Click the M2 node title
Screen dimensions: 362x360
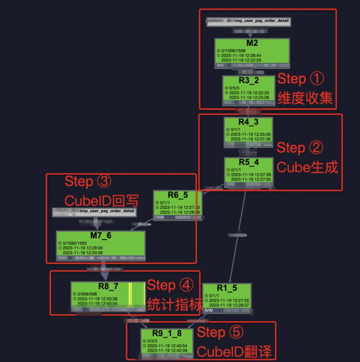(252, 43)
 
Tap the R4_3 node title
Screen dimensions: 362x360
(248, 122)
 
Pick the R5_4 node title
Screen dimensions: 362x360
(249, 162)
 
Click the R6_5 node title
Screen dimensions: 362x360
(178, 195)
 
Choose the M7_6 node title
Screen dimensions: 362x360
(101, 236)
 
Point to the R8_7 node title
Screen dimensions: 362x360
(108, 286)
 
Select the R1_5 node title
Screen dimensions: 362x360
(227, 288)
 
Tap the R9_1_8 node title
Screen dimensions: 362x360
(167, 333)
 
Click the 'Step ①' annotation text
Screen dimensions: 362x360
(301, 79)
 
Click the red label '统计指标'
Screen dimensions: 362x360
(174, 304)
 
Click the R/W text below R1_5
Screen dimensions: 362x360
(208, 310)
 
